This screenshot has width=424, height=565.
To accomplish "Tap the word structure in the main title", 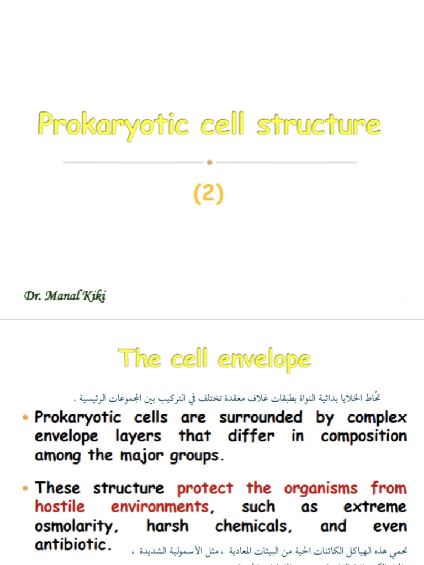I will (319, 125).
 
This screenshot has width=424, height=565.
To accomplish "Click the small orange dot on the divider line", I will (209, 162).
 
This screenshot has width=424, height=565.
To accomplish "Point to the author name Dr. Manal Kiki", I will (65, 296).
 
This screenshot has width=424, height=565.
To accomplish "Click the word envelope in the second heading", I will (264, 359).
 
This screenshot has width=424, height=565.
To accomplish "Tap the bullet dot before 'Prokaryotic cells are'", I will (26, 418).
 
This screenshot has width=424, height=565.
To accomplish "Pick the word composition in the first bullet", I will (364, 436).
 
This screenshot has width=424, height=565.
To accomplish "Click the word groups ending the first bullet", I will (197, 456).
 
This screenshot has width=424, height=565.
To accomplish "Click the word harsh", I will (167, 525).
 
